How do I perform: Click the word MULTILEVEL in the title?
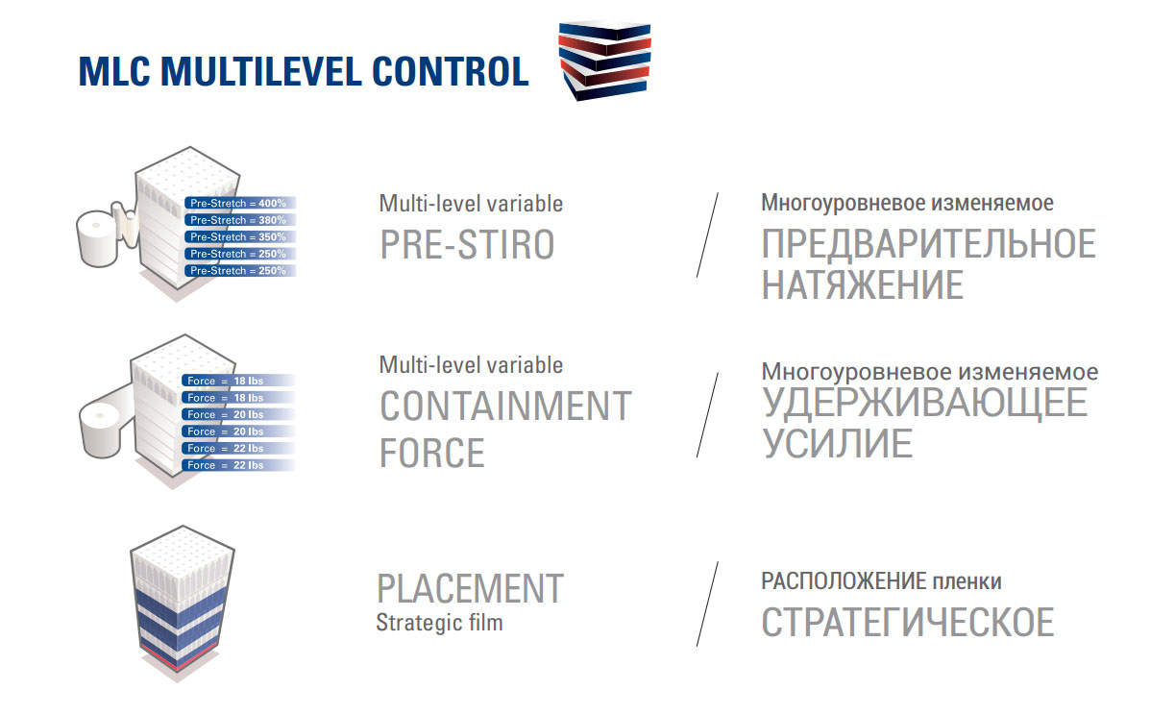[260, 71]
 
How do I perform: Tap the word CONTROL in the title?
[450, 71]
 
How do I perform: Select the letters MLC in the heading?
[114, 71]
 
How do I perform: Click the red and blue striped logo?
[605, 61]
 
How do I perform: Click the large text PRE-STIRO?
[467, 244]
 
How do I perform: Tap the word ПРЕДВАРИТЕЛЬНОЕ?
[928, 244]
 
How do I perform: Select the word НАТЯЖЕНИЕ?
[863, 284]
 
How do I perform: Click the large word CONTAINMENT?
[505, 406]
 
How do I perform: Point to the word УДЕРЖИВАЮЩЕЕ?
[925, 403]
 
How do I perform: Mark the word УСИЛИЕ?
[837, 443]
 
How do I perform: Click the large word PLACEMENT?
[470, 588]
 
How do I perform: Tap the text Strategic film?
[440, 623]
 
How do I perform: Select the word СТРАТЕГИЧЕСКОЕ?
[908, 622]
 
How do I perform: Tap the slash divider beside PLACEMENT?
[708, 604]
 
